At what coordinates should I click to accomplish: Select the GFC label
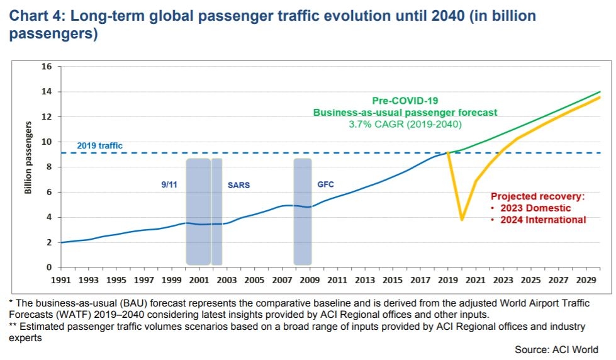tap(326, 184)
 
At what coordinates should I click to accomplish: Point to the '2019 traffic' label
tap(99, 145)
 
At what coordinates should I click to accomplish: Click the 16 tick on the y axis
tap(46, 67)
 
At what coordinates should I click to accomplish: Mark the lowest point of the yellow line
tap(462, 220)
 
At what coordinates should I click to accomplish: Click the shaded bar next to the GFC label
tap(303, 211)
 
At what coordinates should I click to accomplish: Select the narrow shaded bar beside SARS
tap(217, 211)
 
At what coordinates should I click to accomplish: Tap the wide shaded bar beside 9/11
tap(198, 211)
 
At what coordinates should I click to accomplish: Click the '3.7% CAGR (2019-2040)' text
tap(405, 125)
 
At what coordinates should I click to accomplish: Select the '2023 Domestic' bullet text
tap(535, 208)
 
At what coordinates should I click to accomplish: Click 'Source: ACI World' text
tap(556, 349)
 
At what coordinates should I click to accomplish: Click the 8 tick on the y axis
tap(48, 167)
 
